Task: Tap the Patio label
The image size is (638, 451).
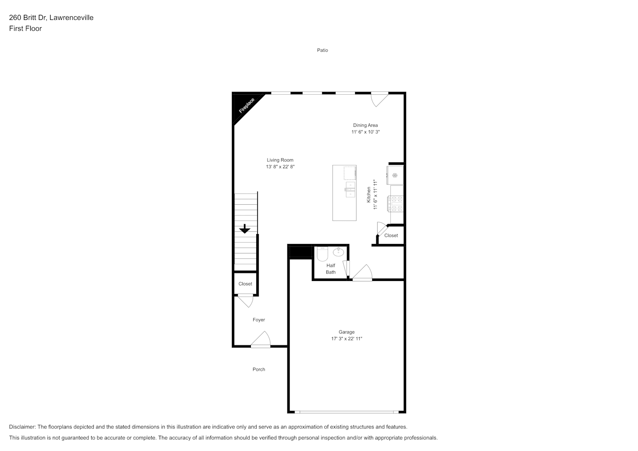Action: pyautogui.click(x=323, y=50)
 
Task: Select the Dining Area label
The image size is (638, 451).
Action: pyautogui.click(x=365, y=125)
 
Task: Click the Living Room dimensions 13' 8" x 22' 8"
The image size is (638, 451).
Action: pyautogui.click(x=280, y=167)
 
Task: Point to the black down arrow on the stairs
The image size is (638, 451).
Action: pyautogui.click(x=245, y=229)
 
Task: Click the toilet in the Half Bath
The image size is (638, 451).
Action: pyautogui.click(x=323, y=253)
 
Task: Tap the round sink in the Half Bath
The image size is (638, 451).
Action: pyautogui.click(x=338, y=252)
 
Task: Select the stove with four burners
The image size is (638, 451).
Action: pyautogui.click(x=396, y=204)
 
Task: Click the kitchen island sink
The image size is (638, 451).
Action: pyautogui.click(x=350, y=189)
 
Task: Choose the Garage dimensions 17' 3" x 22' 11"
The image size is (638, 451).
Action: pyautogui.click(x=347, y=339)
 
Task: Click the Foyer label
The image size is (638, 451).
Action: pyautogui.click(x=259, y=320)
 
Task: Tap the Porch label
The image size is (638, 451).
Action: pyautogui.click(x=259, y=369)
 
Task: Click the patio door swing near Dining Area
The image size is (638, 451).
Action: pyautogui.click(x=379, y=99)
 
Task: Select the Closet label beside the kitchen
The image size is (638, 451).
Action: pyautogui.click(x=391, y=235)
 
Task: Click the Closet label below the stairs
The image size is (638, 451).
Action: pyautogui.click(x=245, y=284)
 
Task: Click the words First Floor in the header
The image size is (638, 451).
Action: pyautogui.click(x=25, y=28)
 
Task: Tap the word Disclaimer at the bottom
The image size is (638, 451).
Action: pyautogui.click(x=23, y=427)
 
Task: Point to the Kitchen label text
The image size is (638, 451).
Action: pyautogui.click(x=369, y=195)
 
